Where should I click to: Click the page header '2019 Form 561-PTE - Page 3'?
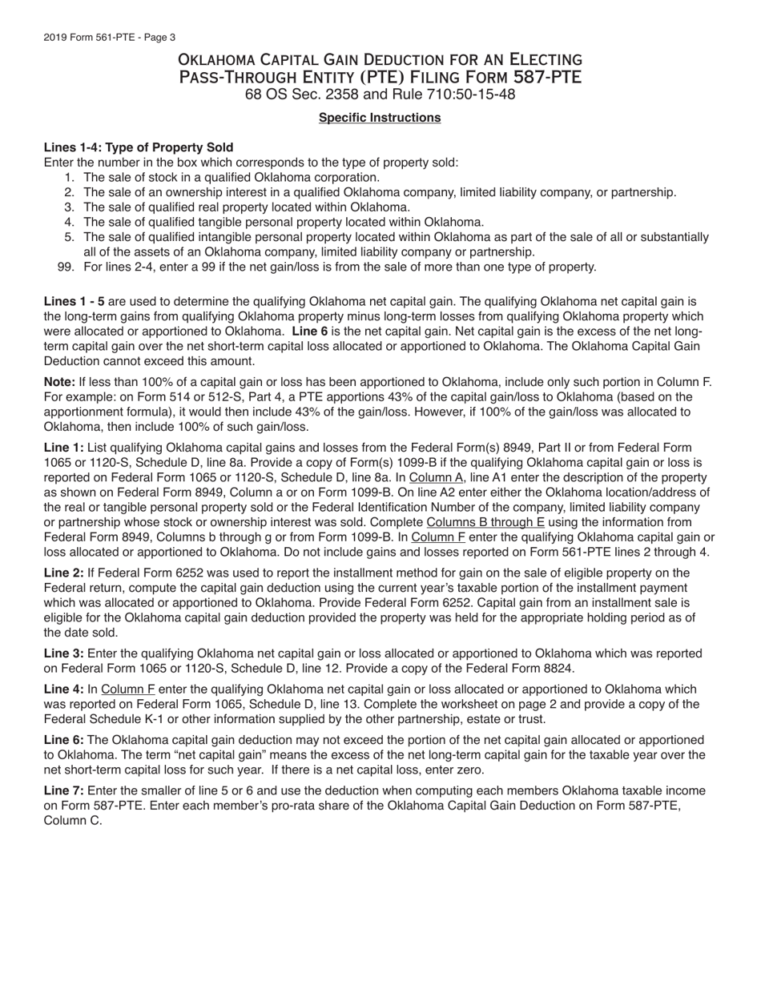click(110, 38)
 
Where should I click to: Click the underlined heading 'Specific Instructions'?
click(380, 118)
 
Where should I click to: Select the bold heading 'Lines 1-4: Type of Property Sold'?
click(139, 147)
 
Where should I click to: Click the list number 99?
click(66, 267)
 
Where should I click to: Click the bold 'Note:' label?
click(59, 382)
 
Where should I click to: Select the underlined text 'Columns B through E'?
click(485, 522)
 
